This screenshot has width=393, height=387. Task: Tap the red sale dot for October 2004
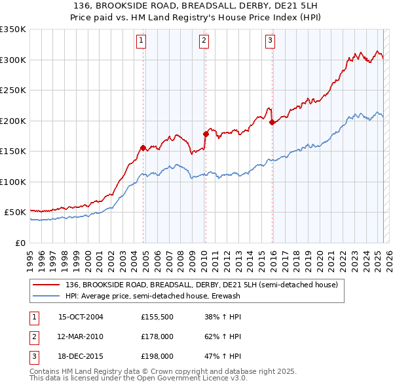[x=143, y=148]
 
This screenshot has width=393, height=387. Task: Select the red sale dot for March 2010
[x=205, y=134]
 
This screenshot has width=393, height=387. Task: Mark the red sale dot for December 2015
[x=272, y=121]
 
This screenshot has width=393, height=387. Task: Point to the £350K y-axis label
[x=13, y=30]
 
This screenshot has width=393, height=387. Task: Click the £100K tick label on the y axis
[x=13, y=182]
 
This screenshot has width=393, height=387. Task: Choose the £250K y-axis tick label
[x=13, y=91]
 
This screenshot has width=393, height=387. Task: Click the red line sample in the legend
[x=47, y=285]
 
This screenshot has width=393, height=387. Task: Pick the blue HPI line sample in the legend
[x=47, y=296]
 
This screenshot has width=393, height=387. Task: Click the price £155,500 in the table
[x=157, y=317]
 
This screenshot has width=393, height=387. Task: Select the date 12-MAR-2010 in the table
[x=81, y=336]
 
